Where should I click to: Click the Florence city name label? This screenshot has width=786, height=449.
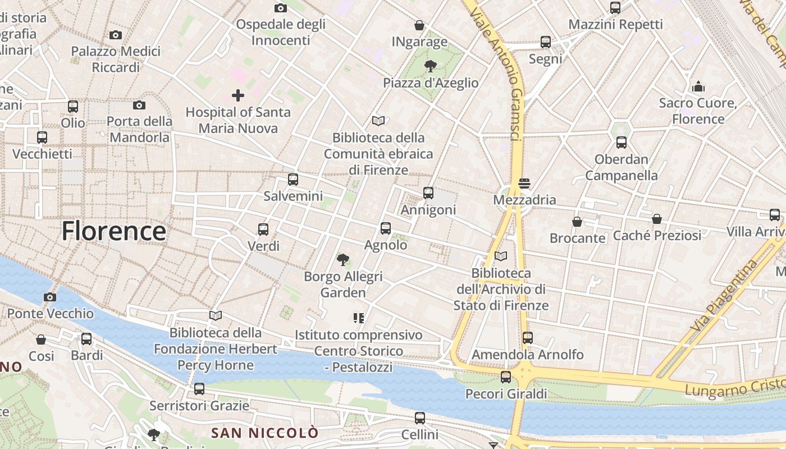point(114,231)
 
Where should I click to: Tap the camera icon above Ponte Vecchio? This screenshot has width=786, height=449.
point(50,297)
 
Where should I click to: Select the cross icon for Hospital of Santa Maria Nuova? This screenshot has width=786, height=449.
point(238,95)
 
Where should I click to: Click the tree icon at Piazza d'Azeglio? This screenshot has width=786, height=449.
point(431,66)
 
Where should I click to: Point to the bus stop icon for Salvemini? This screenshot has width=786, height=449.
point(293,180)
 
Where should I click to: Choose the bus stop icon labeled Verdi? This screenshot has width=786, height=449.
point(263,229)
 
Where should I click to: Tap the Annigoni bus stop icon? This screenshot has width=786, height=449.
point(428,193)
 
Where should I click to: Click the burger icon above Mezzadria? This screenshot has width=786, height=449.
point(524,183)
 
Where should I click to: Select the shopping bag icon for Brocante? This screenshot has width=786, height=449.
point(577,222)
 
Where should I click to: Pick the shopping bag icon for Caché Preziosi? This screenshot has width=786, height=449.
point(657,219)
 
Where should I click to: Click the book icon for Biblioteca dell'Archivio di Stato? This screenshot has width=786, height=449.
point(501,256)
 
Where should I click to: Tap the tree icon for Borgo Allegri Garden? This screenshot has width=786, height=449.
point(343,259)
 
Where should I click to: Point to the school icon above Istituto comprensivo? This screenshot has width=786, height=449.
point(359,318)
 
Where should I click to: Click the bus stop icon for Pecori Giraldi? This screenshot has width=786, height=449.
point(506,377)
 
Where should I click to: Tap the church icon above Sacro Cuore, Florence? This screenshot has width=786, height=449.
point(698,86)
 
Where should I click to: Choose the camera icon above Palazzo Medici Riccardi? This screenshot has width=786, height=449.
point(116,35)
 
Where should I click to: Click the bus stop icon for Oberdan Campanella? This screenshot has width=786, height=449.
point(621,143)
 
